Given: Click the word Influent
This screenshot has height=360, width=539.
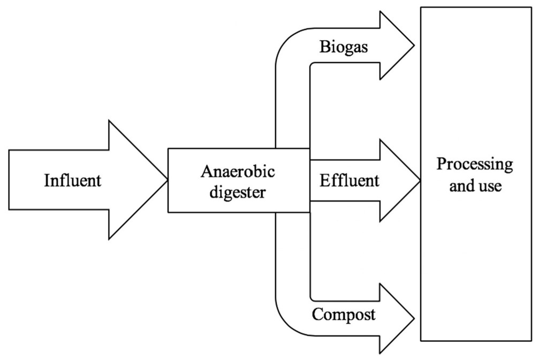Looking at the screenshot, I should pyautogui.click(x=72, y=180).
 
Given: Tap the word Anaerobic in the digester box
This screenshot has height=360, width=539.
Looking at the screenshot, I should pyautogui.click(x=238, y=172).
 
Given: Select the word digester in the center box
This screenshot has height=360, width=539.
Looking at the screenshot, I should pyautogui.click(x=238, y=192).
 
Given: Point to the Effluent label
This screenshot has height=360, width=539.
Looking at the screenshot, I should pyautogui.click(x=350, y=180).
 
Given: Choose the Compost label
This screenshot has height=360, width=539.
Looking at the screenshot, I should pyautogui.click(x=344, y=315).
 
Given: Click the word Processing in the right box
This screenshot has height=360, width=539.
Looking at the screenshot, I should pyautogui.click(x=474, y=164).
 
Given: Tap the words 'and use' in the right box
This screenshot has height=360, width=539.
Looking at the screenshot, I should pyautogui.click(x=474, y=187).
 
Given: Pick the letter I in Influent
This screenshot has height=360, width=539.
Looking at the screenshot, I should pyautogui.click(x=47, y=180).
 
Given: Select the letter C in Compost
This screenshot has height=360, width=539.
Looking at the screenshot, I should pyautogui.click(x=317, y=315).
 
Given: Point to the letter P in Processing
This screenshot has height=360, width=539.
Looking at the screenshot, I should pyautogui.click(x=441, y=164).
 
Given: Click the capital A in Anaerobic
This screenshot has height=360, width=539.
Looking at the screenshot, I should pyautogui.click(x=206, y=172).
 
